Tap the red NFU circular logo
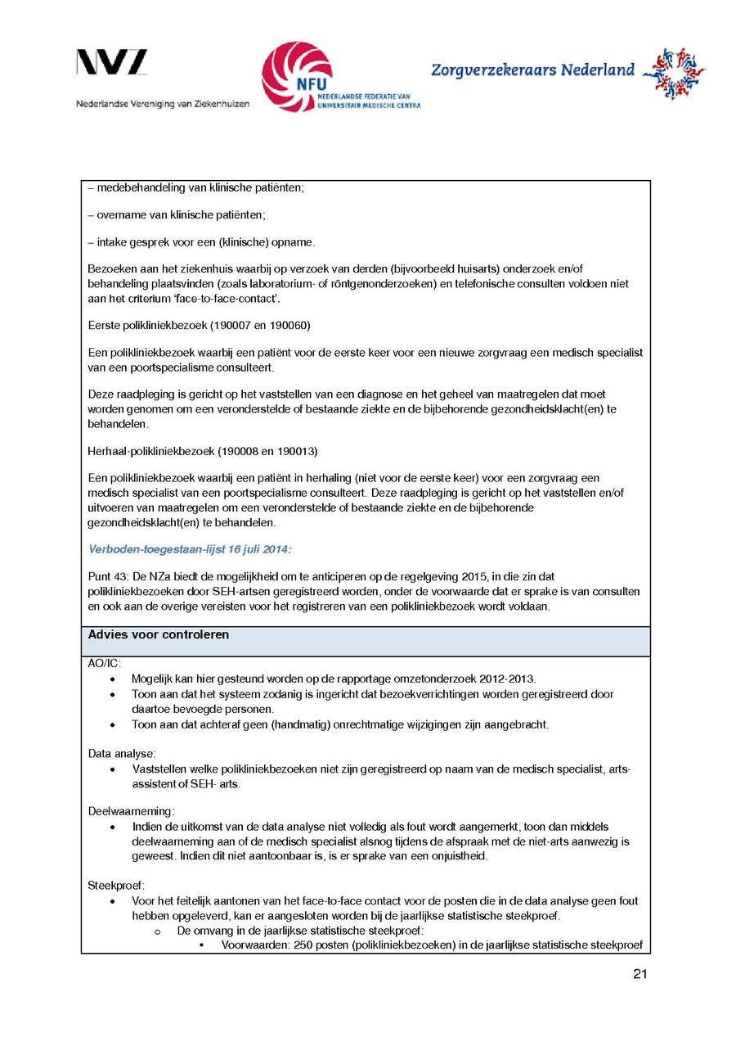[296, 76]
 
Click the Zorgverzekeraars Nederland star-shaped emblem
[674, 72]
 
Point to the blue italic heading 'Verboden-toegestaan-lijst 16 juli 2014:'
[190, 548]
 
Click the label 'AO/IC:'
[104, 664]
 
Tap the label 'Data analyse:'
[122, 752]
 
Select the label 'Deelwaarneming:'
[131, 811]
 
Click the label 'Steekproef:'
[116, 885]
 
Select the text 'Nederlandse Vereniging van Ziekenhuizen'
[163, 104]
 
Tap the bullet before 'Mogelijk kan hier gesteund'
[113, 679]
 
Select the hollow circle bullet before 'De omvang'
[159, 931]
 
